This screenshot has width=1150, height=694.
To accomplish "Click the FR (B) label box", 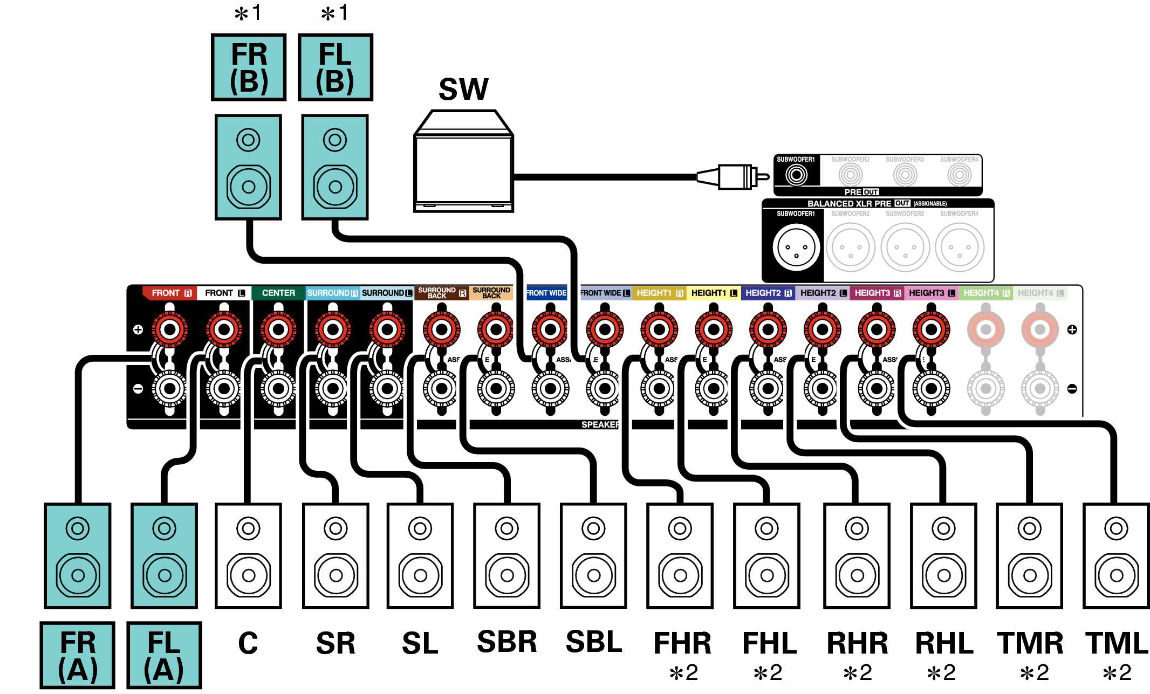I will tap(248, 67).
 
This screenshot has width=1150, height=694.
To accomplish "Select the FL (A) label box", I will tap(164, 655).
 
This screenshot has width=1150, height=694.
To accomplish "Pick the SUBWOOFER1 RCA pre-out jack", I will tap(796, 174).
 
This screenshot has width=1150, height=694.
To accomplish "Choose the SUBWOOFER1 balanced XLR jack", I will tap(796, 248).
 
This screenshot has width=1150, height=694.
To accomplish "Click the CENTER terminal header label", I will tap(278, 293).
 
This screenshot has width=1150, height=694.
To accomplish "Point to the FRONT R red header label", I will tap(170, 293).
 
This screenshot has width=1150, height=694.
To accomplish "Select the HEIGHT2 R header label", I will tap(768, 293).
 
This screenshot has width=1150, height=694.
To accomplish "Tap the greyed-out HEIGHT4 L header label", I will tap(1040, 293).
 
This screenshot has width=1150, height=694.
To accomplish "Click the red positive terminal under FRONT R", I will tap(170, 329).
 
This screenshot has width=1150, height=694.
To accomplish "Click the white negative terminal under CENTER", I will tap(278, 388).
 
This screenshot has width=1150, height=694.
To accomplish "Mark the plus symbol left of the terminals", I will tap(138, 329).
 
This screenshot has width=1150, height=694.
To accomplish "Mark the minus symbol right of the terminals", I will tap(1072, 388).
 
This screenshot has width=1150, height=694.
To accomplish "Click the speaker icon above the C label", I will tap(248, 555).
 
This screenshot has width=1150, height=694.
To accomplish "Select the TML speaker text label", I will tap(1117, 643).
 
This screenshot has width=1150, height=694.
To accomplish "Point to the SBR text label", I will tap(507, 642).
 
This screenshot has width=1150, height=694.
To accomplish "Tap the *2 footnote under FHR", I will tap(683, 672).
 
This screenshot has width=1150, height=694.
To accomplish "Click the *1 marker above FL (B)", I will tap(334, 13).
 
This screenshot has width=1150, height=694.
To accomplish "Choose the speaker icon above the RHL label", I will tap(943, 555).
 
